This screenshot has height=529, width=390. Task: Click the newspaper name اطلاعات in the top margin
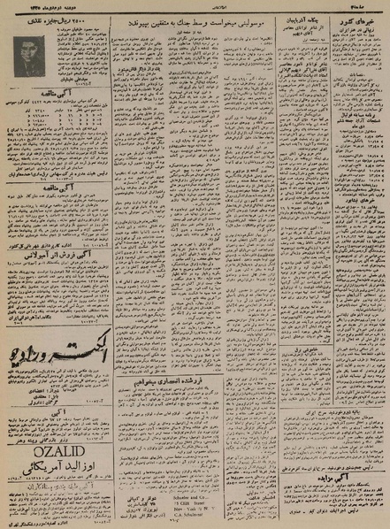click(192, 8)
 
